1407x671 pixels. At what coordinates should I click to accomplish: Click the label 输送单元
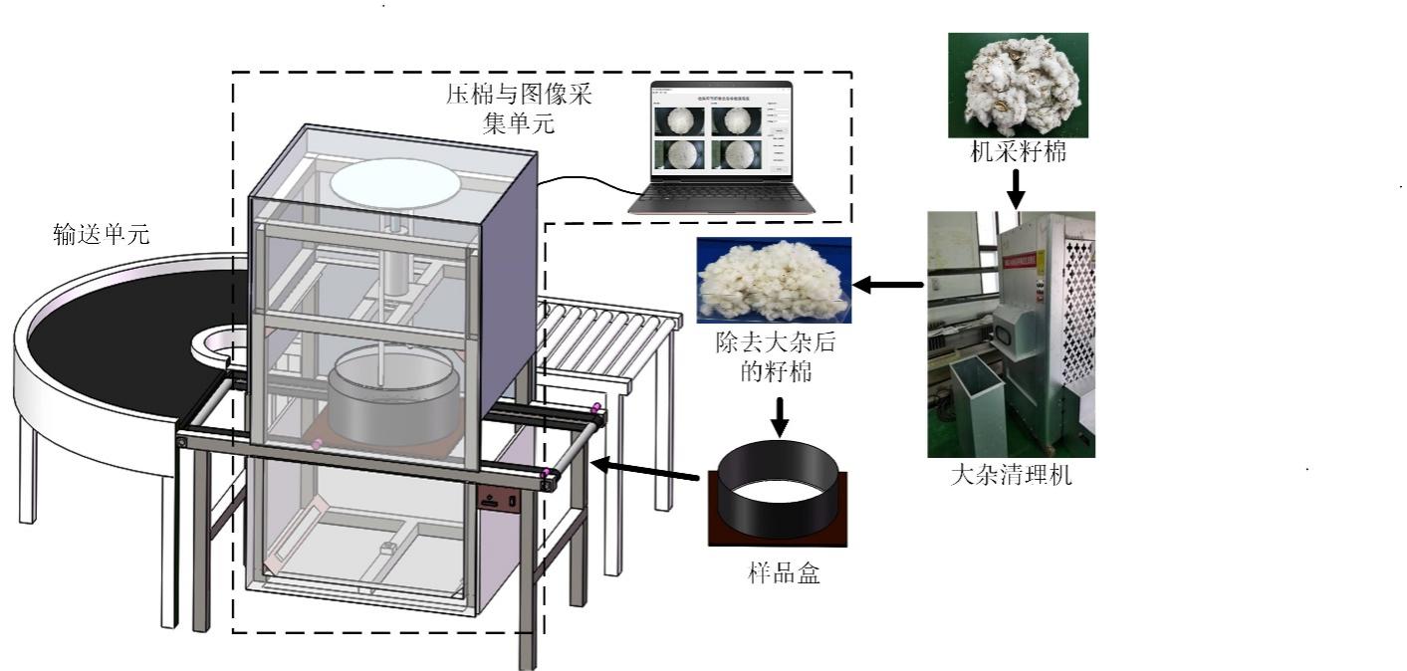pyautogui.click(x=101, y=235)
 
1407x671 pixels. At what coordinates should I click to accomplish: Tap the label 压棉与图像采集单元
pyautogui.click(x=518, y=111)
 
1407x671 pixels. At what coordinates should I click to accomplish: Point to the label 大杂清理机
pyautogui.click(x=1011, y=474)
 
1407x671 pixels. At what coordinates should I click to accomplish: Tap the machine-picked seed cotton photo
pyautogui.click(x=1018, y=84)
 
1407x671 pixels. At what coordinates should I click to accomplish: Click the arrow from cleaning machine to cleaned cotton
pyautogui.click(x=889, y=286)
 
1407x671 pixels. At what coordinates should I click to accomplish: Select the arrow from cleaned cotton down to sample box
pyautogui.click(x=780, y=414)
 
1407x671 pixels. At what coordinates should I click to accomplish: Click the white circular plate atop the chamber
pyautogui.click(x=394, y=184)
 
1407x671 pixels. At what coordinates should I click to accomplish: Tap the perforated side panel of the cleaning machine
pyautogui.click(x=1077, y=309)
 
